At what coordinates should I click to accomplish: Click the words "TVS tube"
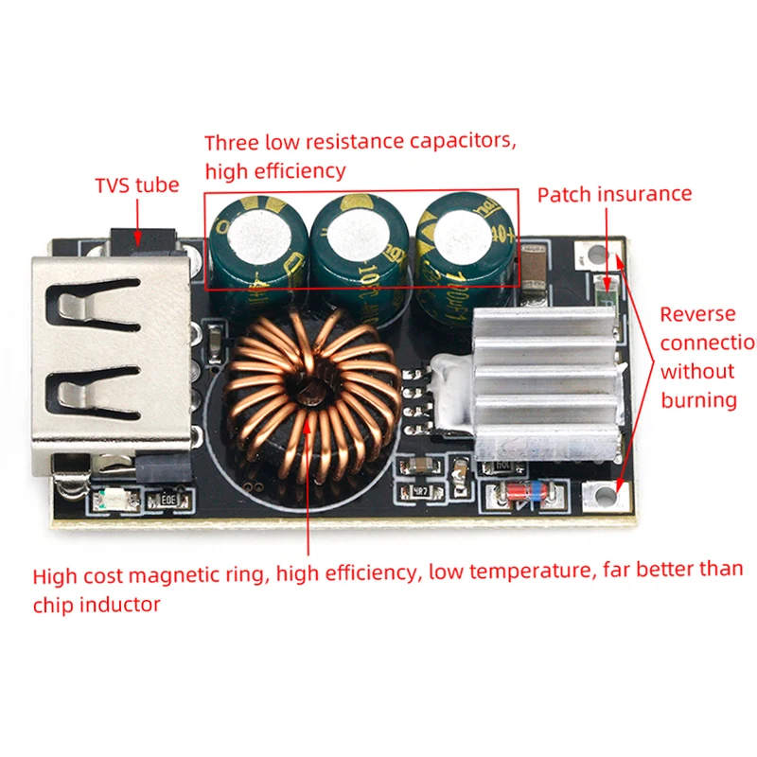coord(136,185)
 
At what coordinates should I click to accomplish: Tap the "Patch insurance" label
coord(614,194)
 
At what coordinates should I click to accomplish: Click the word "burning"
coord(698,399)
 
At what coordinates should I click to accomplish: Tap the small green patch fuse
coord(607,285)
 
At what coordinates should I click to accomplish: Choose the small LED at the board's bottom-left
coord(112,498)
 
